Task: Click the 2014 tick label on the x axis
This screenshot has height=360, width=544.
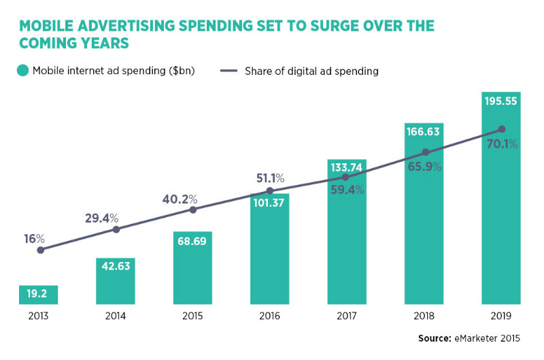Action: pyautogui.click(x=116, y=316)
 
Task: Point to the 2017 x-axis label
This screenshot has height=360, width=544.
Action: pyautogui.click(x=347, y=316)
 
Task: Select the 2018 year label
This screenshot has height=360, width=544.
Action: pyautogui.click(x=424, y=316)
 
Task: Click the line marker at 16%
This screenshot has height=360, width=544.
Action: pyautogui.click(x=40, y=250)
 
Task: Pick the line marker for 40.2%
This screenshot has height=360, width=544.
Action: pyautogui.click(x=193, y=210)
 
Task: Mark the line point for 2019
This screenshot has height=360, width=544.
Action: pyautogui.click(x=502, y=129)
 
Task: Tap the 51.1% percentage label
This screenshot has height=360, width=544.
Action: pyautogui.click(x=269, y=178)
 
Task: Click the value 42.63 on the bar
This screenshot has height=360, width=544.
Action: pyautogui.click(x=116, y=267)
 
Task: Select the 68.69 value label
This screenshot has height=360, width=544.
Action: pyautogui.click(x=193, y=242)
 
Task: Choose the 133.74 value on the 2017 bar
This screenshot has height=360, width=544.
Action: pyautogui.click(x=347, y=167)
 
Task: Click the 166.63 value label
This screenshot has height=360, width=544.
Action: pyautogui.click(x=424, y=130)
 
